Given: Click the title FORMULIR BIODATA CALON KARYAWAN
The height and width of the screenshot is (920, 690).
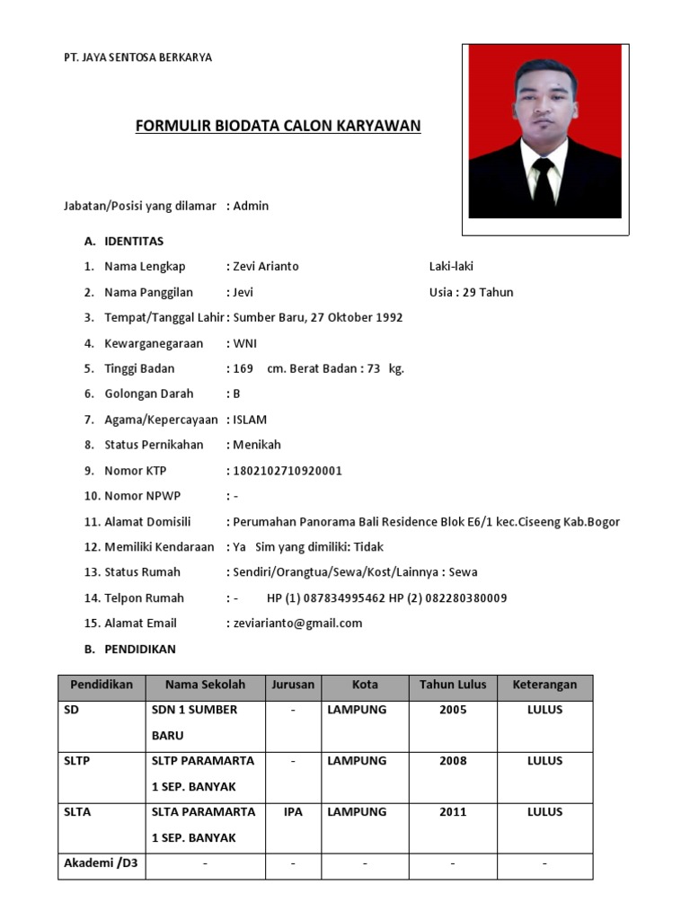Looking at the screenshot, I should [278, 126].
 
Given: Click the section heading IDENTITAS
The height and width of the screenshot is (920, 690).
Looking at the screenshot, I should [134, 241].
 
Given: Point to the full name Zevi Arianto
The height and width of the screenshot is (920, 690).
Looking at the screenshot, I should [266, 267].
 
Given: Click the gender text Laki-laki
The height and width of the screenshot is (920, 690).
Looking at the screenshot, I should [452, 267].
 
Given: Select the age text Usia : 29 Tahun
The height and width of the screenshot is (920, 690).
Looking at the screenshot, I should [472, 292].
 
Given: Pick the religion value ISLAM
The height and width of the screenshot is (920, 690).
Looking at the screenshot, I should [250, 420].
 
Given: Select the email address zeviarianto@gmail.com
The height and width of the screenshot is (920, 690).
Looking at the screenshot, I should [297, 623].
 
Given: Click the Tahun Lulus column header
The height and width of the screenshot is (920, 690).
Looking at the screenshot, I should [453, 685].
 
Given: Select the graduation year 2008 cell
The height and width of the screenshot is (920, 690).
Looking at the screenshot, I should [453, 761].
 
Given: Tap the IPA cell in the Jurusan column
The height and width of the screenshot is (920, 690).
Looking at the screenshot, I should [293, 812].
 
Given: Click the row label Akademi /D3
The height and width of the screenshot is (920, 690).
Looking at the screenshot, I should [99, 864].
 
